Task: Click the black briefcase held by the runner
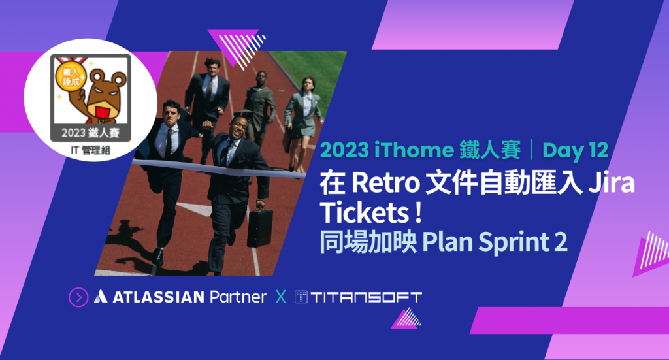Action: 260,228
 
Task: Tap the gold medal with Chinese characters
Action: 71,77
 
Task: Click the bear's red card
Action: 101,114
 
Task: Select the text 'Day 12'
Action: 575,150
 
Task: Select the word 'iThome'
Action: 414,150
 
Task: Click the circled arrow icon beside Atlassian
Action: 78,297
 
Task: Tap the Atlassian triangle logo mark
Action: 101,296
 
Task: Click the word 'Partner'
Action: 238,297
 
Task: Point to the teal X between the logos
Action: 281,297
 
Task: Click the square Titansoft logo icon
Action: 301,297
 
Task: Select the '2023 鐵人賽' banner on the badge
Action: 90,133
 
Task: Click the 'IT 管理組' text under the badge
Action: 90,150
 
